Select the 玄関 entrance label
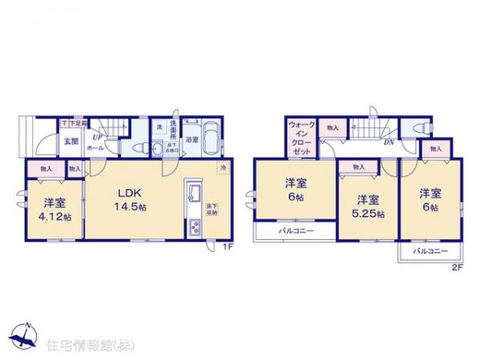point(70,142)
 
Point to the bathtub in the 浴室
point(209,138)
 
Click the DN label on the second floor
point(388,143)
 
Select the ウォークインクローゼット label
point(301,137)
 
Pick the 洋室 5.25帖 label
point(367,206)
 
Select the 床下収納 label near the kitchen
point(214,210)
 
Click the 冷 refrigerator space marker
point(224,167)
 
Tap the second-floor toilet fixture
point(418,130)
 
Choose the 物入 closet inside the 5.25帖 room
point(358,166)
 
